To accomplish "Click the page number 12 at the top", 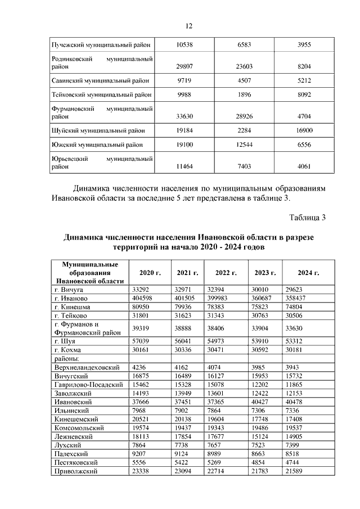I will [x=189, y=25].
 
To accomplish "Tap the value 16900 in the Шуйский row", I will [x=304, y=130].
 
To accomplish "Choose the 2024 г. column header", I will [x=309, y=273].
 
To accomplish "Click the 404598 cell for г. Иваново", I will [x=142, y=298].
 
